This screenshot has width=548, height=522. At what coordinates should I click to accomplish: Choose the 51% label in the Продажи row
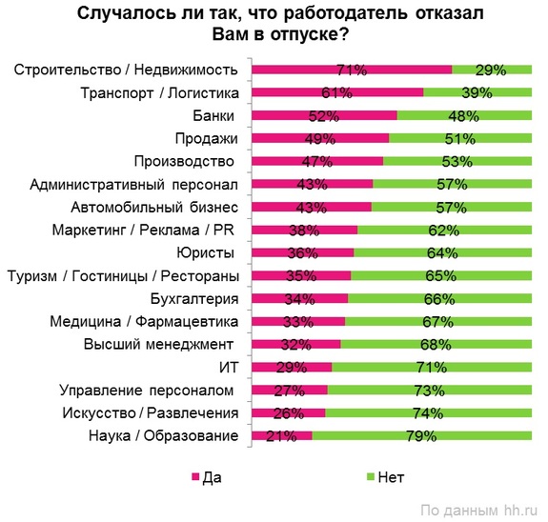pos(460,138)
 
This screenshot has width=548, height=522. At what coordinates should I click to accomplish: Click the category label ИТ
pos(225,367)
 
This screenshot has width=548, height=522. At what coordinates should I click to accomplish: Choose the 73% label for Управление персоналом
pos(429,391)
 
